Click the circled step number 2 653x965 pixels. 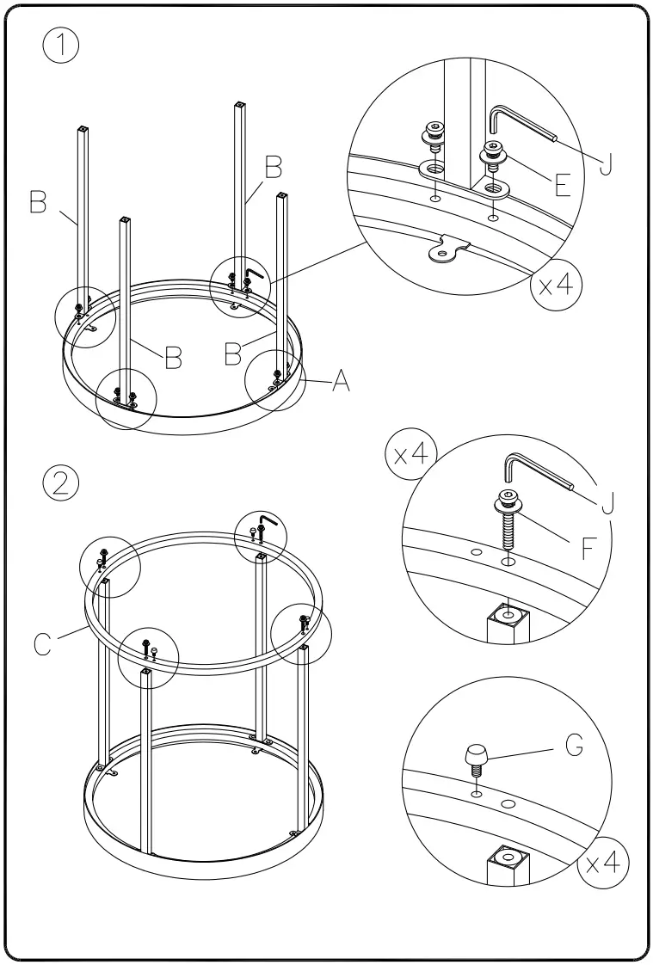click(60, 483)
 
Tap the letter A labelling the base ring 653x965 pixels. click(341, 381)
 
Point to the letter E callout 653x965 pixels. click(563, 185)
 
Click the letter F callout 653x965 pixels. click(589, 548)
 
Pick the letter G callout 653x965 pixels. click(575, 746)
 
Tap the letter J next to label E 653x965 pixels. click(606, 163)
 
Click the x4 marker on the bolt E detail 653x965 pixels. click(554, 286)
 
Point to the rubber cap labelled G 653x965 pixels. click(476, 757)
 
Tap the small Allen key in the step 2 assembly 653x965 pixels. click(267, 522)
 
